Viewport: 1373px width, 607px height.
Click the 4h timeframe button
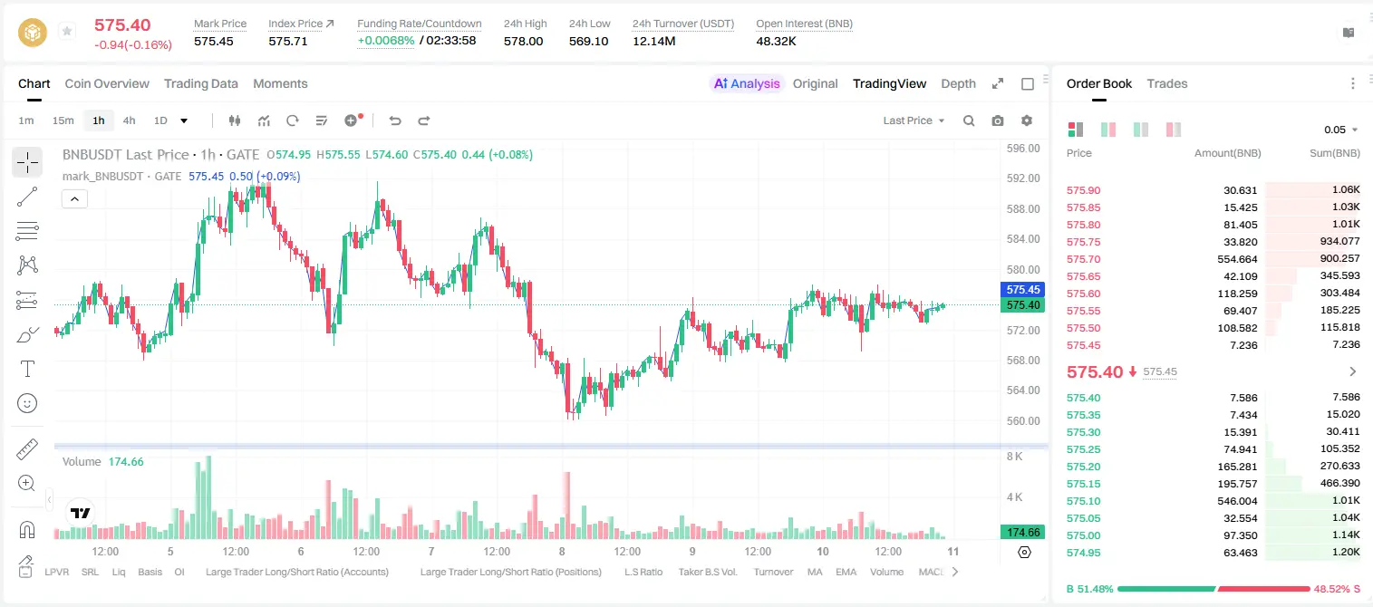coord(129,120)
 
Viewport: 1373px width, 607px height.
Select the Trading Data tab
coord(200,84)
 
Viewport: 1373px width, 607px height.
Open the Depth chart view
coord(958,84)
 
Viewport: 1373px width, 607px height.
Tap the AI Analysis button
coord(747,84)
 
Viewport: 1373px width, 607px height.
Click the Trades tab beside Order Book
coord(1167,84)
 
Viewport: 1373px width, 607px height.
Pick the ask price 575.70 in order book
coord(1083,259)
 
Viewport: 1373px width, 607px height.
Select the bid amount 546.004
coord(1237,501)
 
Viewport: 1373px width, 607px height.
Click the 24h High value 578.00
coord(524,41)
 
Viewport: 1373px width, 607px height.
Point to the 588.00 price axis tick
coord(1023,209)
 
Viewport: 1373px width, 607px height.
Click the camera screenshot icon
coord(998,120)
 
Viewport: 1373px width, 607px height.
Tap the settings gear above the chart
coord(1027,120)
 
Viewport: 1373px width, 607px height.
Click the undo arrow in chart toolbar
coord(395,120)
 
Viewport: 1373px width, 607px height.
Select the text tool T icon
coord(27,369)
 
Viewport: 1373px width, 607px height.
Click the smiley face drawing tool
coord(27,403)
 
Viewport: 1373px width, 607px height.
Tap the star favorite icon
coord(67,31)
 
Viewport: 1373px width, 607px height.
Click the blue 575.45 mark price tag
coord(1022,289)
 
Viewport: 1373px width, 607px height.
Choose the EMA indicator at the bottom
coord(846,572)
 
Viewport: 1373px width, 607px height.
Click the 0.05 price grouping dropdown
coord(1340,130)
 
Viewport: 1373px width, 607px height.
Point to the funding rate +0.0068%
coord(386,41)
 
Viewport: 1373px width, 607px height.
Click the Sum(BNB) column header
coord(1334,153)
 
